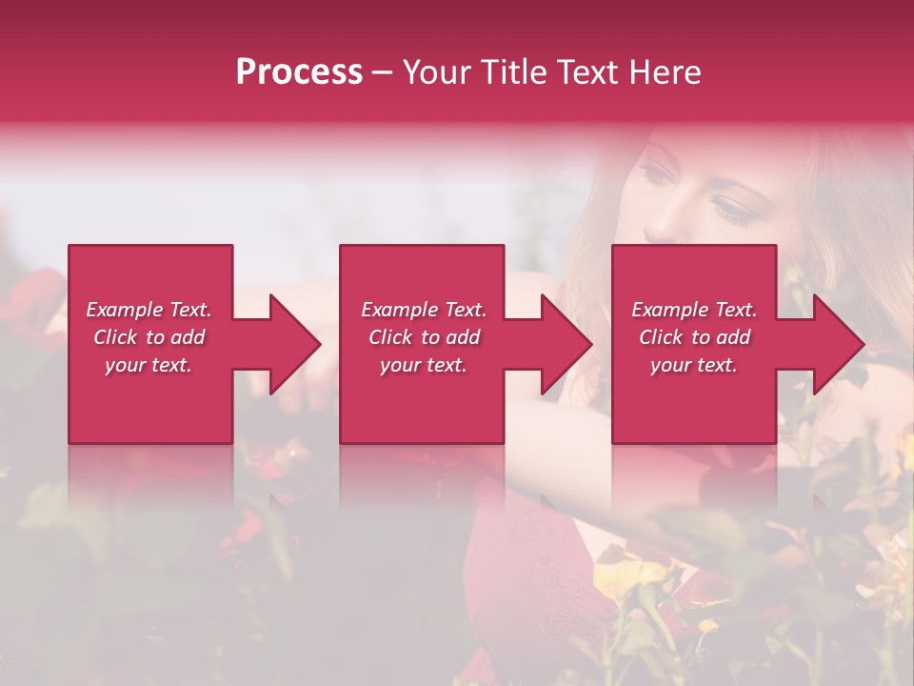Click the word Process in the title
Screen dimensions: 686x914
coord(299,72)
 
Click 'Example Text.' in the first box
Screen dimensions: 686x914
coord(149,310)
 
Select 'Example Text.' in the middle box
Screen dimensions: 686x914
coord(423,310)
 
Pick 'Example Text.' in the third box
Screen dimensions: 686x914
coord(694,310)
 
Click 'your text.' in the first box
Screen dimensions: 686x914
coord(149,365)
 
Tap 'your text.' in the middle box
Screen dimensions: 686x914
coord(423,365)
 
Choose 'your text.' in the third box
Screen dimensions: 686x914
coord(694,365)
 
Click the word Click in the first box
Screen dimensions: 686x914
coord(116,337)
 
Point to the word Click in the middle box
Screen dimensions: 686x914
coord(391,337)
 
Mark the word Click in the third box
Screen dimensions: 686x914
coord(662,337)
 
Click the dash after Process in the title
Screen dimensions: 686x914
coord(383,73)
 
